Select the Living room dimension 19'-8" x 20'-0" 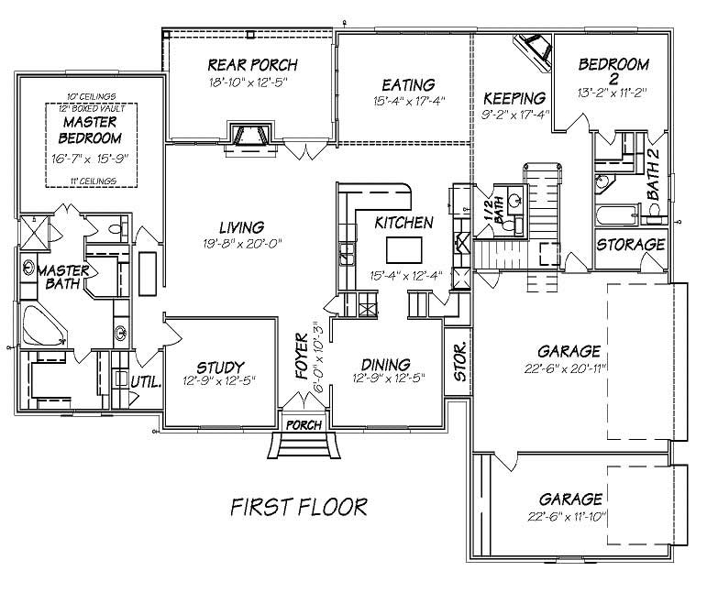click(241, 244)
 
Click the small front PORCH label click(303, 425)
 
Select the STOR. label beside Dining click(460, 362)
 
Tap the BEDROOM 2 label click(614, 71)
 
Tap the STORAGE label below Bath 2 click(630, 245)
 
